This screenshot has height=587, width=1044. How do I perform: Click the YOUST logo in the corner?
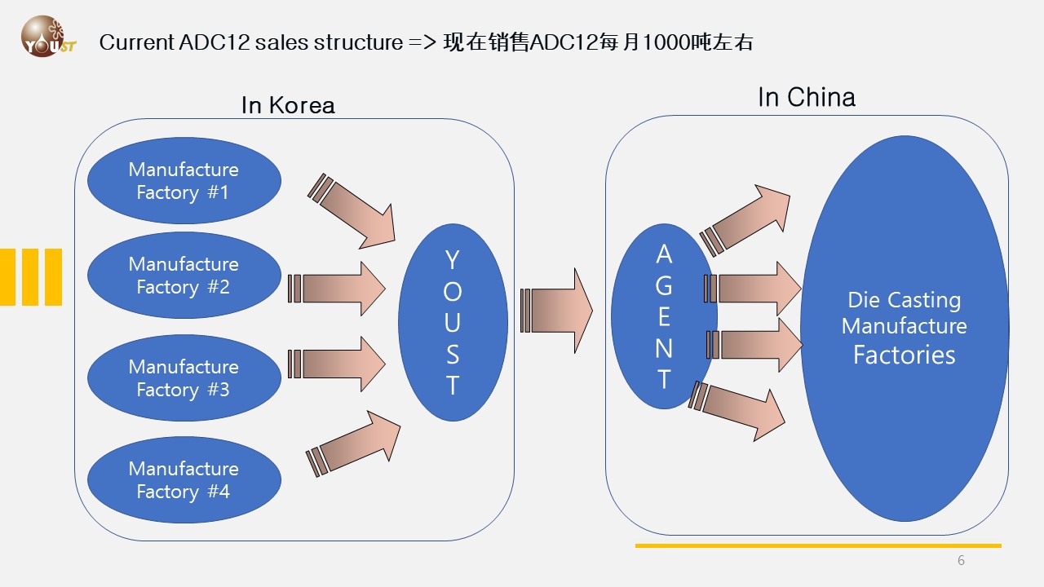point(47,37)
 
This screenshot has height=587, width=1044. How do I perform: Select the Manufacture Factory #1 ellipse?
point(184,181)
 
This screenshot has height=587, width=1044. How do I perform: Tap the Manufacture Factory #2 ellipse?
point(184,276)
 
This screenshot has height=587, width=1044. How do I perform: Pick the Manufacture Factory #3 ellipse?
point(184,378)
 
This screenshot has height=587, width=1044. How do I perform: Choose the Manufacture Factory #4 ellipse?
point(184,480)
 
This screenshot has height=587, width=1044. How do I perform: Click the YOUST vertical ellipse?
point(453,322)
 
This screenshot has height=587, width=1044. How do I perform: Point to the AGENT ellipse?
point(663,316)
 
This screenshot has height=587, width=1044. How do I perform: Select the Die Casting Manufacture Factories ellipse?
point(904,328)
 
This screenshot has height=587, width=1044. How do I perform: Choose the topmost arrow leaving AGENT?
point(746,218)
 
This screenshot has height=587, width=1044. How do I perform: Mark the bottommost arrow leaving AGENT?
point(738,408)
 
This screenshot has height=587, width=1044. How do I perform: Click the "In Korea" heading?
point(288,105)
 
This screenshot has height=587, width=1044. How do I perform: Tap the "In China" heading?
point(806,98)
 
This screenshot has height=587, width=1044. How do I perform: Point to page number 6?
point(961,560)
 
